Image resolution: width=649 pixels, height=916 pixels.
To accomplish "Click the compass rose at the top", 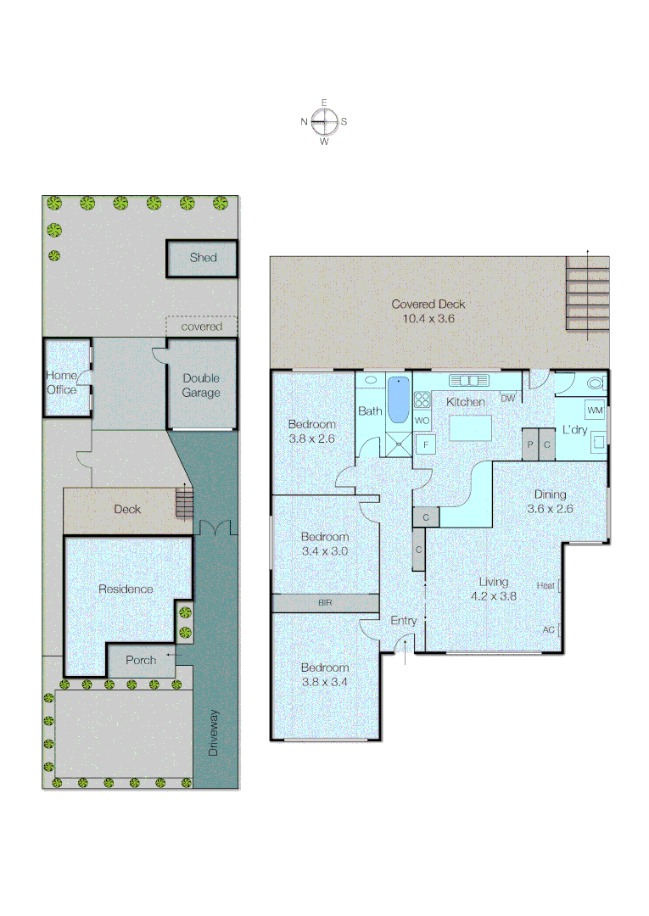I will click(324, 122).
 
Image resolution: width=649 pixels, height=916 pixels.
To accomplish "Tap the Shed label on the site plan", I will click(203, 258).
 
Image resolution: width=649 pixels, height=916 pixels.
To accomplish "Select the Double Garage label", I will click(201, 386).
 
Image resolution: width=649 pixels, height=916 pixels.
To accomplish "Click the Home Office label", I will click(61, 383).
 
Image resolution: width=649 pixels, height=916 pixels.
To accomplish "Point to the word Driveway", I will click(214, 733).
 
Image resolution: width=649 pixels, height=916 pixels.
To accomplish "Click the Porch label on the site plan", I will click(141, 660).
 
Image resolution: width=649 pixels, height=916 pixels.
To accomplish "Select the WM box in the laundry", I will click(595, 411).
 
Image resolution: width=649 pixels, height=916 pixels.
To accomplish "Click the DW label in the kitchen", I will click(507, 399).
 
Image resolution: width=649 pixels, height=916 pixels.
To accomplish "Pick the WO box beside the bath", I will click(422, 420).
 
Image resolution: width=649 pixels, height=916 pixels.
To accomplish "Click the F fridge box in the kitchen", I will click(425, 443).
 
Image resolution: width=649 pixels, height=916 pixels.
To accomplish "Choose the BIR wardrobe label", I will click(325, 603).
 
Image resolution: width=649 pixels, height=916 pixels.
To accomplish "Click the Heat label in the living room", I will click(545, 585).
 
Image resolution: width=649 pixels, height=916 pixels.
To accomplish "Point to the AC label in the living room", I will click(548, 629).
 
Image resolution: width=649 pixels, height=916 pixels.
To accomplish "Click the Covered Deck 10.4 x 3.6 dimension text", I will click(428, 319).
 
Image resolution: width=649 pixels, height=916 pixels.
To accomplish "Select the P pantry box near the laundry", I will click(530, 444).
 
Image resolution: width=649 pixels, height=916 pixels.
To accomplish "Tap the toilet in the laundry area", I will click(595, 383).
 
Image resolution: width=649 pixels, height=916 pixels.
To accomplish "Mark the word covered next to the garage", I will click(202, 327).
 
